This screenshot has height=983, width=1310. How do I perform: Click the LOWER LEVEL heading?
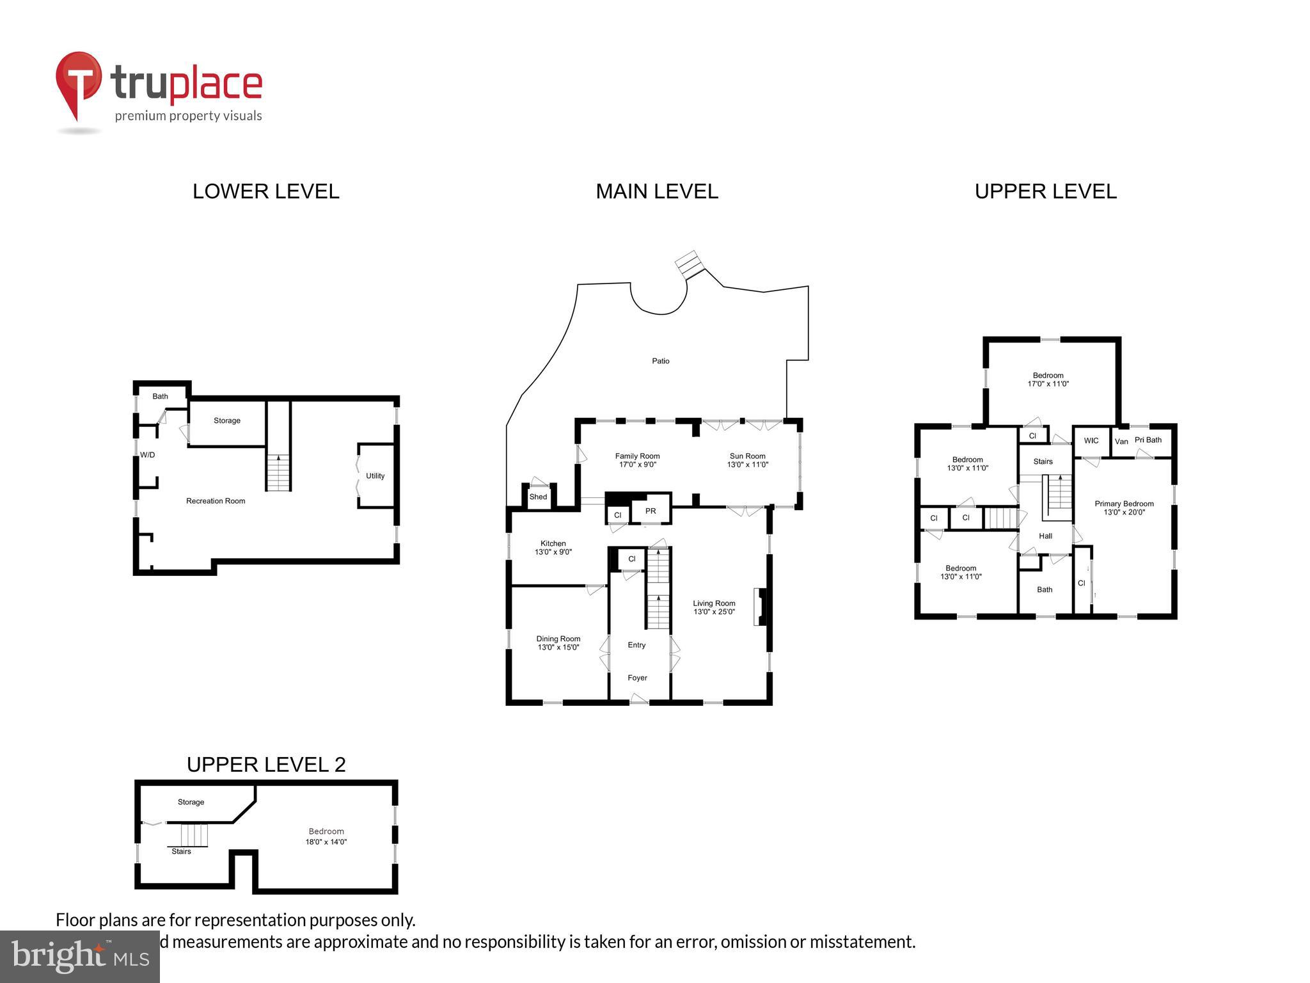[x=265, y=191]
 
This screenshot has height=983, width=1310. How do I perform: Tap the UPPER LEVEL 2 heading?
[x=265, y=764]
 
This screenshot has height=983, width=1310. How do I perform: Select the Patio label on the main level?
[x=660, y=361]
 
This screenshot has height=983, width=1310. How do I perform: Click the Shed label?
[x=538, y=497]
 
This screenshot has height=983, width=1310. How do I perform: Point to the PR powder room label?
[x=650, y=511]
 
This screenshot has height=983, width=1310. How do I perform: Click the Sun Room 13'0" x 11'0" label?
[x=747, y=461]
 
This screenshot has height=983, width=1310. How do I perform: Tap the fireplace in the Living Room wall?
[x=760, y=607]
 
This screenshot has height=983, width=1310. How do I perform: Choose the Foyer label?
[x=637, y=678]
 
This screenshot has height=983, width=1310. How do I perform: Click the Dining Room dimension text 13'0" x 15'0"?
[x=558, y=647]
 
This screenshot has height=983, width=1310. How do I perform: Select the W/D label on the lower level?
[x=147, y=455]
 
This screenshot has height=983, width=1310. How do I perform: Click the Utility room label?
[x=375, y=476]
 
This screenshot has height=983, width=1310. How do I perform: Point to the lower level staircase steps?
[x=278, y=474]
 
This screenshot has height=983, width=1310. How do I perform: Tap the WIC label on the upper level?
[x=1091, y=440]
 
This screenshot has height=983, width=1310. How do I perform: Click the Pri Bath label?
[x=1148, y=440]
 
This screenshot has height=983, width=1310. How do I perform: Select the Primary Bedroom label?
[x=1124, y=504]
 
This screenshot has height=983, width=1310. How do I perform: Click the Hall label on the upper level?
[x=1045, y=536]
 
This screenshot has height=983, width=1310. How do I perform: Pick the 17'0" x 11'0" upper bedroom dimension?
[x=1048, y=384]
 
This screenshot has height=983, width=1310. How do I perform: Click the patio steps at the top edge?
[x=690, y=264]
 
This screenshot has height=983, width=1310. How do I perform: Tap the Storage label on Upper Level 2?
[x=191, y=802]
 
